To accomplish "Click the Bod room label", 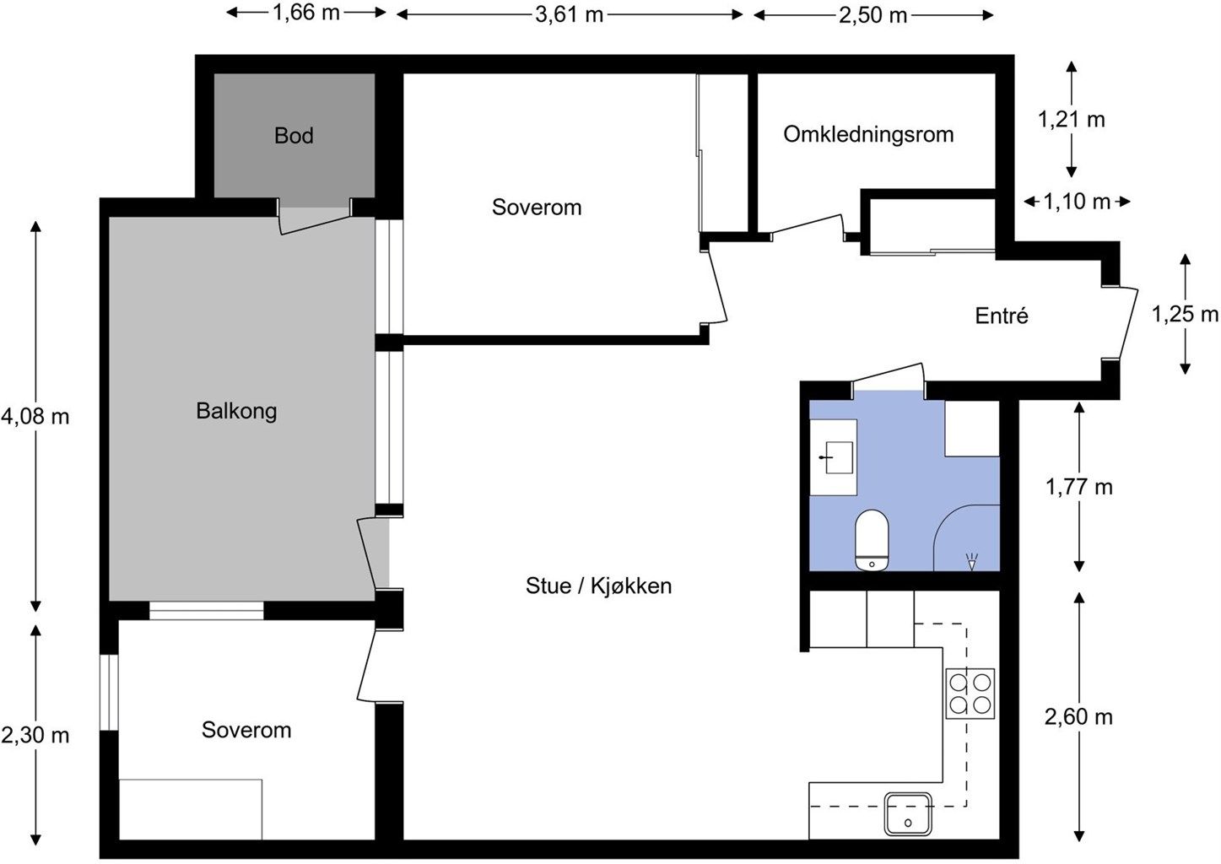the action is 294,136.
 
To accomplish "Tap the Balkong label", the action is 236,411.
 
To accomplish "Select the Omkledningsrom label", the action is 868,134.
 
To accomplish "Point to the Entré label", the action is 1002,316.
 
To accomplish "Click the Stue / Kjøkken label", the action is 598,586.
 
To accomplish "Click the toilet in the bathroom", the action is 872,540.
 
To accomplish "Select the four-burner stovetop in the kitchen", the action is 970,694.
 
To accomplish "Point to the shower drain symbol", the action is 971,562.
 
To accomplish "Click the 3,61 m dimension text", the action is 569,14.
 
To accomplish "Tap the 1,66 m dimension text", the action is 305,13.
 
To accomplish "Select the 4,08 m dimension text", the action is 35,417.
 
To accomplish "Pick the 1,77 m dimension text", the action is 1078,487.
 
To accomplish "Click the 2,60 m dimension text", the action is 1078,717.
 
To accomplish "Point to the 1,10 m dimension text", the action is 1077,202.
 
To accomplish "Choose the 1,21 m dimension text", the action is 1071,119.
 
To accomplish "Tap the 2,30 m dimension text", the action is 35,736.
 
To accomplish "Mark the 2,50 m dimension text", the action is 873,15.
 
